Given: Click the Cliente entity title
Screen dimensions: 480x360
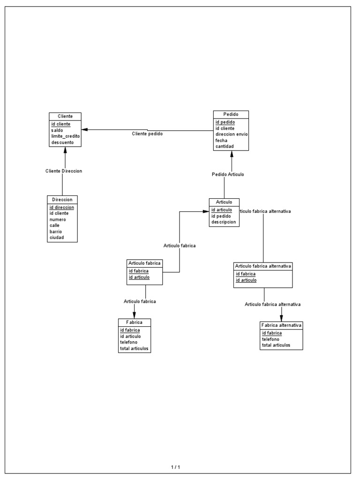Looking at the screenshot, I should [65, 116].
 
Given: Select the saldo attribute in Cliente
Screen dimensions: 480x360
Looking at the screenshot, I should [57, 130].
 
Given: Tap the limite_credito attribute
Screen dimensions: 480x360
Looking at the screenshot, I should [66, 136].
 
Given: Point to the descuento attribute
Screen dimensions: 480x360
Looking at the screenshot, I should [62, 142].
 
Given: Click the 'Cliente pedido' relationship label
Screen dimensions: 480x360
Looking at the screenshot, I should [148, 134].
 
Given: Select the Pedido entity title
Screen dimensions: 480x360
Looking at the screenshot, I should [231, 114].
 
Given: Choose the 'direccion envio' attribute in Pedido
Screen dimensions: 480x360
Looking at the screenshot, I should [232, 134].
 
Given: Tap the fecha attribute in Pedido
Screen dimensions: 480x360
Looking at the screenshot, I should [221, 140].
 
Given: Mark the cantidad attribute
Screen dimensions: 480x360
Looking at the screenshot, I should [225, 146].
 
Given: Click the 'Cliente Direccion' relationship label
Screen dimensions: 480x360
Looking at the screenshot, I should [64, 171].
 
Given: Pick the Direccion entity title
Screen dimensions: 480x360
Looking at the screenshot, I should [62, 199].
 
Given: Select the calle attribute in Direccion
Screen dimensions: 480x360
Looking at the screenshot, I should [54, 225].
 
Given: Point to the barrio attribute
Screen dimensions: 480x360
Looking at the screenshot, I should [56, 232].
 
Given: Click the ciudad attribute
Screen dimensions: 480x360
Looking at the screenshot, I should [56, 238].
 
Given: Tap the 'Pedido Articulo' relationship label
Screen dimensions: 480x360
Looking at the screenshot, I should [228, 174].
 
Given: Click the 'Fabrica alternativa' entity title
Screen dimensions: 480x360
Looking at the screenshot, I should [281, 325].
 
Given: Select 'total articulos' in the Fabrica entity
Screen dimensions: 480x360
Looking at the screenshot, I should [134, 348].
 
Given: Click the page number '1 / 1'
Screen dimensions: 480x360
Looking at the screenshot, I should [175, 467].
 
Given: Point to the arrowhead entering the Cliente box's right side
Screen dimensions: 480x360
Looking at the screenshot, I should [84, 129].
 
